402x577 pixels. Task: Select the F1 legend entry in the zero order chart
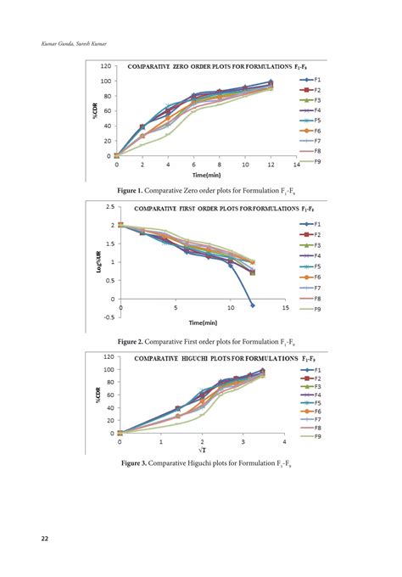(310, 79)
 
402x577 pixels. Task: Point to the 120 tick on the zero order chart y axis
(106, 66)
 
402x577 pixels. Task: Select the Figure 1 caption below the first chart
(200, 191)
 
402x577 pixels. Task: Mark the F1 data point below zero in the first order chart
(252, 305)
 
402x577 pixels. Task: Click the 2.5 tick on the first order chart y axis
(110, 207)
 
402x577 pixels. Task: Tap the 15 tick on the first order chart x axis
(285, 307)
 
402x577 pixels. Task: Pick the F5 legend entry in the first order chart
(310, 266)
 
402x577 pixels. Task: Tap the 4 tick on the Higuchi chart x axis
(284, 441)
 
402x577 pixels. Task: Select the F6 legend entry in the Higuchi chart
(310, 411)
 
